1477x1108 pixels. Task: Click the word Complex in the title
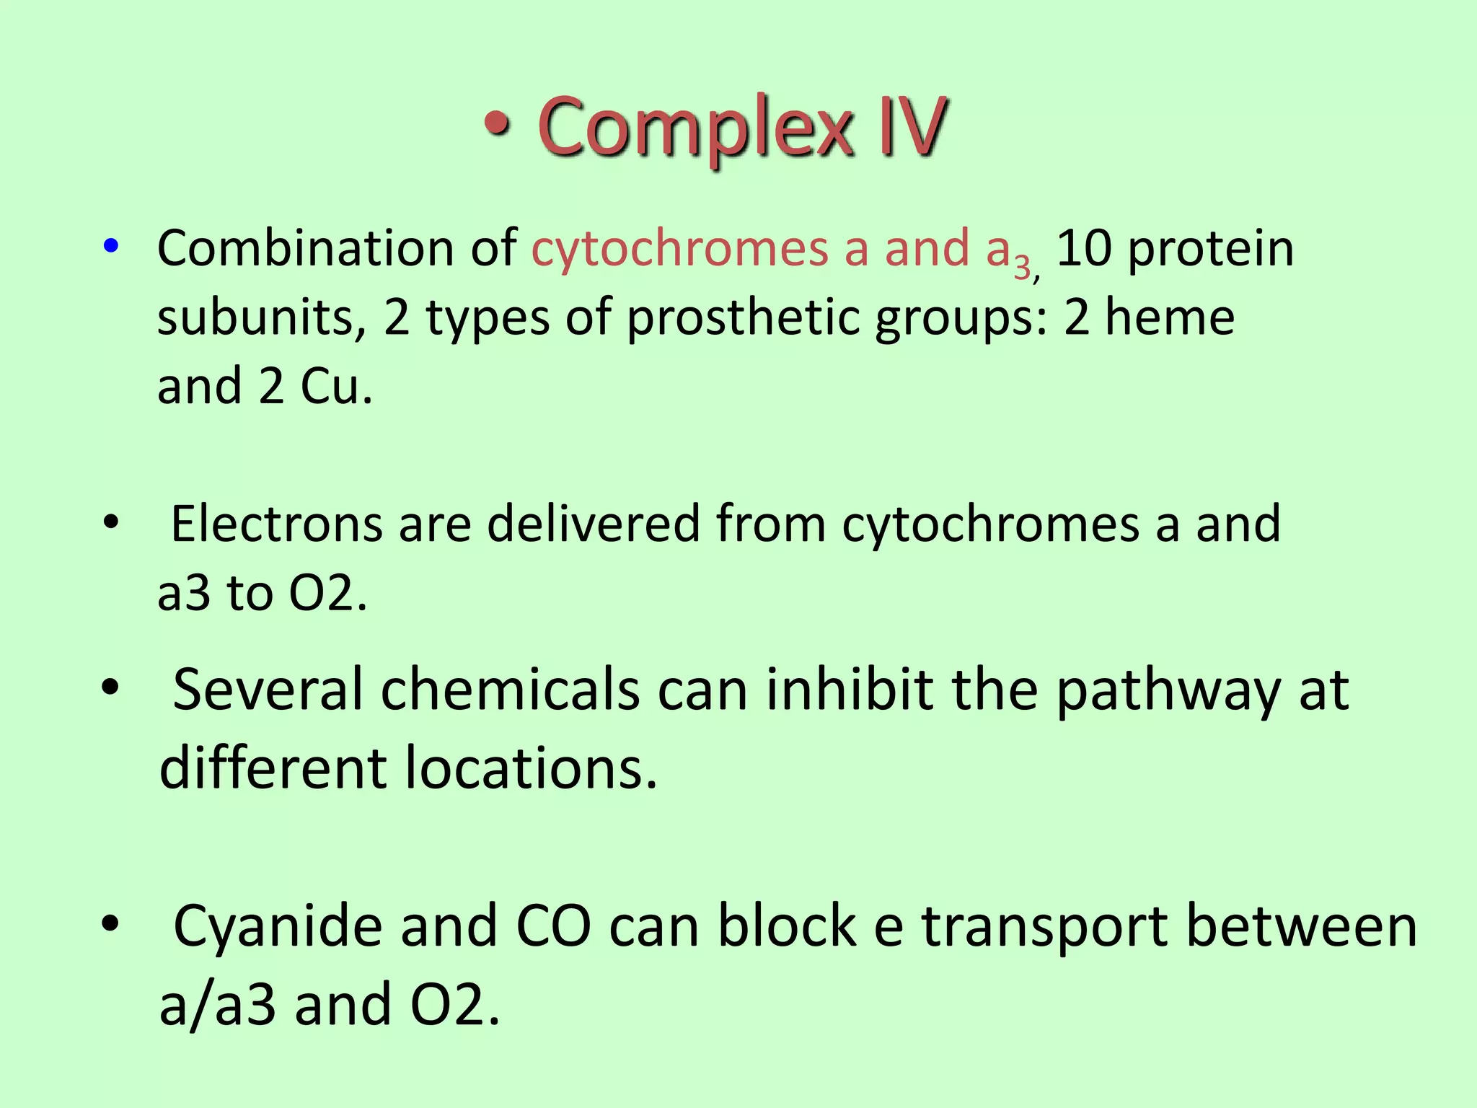coord(695,128)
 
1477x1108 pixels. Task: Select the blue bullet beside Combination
coord(110,247)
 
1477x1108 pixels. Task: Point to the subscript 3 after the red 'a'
coord(1022,268)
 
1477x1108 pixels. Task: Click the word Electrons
coord(276,524)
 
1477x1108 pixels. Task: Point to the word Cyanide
coord(278,927)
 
